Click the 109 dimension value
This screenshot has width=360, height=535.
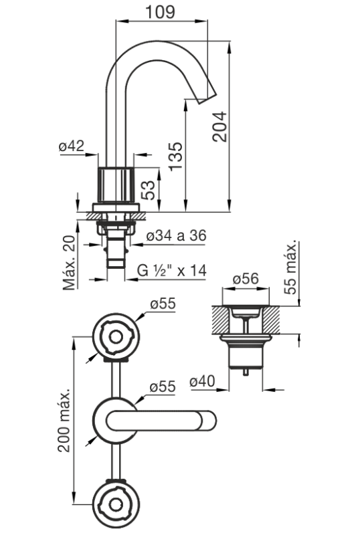160,11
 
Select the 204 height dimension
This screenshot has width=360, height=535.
219,126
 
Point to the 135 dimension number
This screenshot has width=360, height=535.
176,156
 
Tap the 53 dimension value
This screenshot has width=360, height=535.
149,190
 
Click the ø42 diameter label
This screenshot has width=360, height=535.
71,146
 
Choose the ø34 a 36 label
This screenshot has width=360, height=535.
176,235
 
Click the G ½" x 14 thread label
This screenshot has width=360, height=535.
172,271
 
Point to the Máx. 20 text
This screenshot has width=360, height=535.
70,262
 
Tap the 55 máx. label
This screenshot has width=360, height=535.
290,269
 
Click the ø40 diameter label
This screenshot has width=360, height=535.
203,381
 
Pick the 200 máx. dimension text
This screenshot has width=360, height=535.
64,420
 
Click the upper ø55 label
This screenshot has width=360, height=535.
163,304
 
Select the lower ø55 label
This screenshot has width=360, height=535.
163,387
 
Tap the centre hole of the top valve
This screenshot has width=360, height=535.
116,337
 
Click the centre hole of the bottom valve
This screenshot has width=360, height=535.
116,504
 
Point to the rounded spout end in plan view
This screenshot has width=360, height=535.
208,421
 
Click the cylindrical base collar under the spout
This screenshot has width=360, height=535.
116,185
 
